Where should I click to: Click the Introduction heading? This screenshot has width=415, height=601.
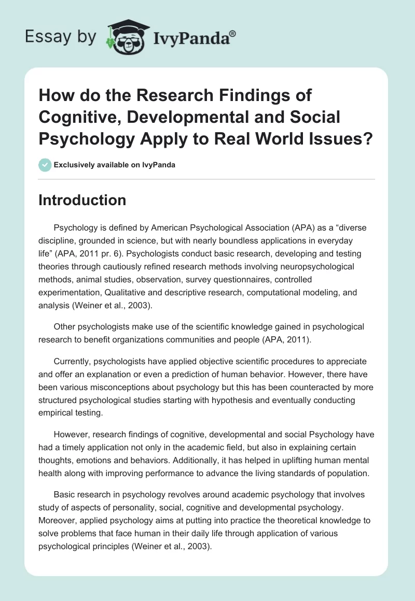pyautogui.click(x=82, y=200)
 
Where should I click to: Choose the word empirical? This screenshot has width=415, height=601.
pyautogui.click(x=57, y=412)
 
